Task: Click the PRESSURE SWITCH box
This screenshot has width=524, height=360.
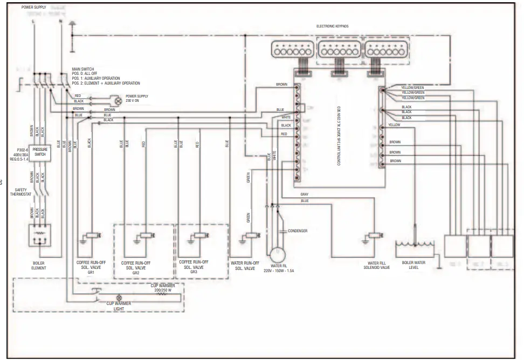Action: coord(40,152)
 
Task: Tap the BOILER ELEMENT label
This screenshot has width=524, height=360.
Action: coord(39,266)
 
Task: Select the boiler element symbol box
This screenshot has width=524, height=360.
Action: coord(39,235)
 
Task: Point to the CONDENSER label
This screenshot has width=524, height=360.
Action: coord(298,231)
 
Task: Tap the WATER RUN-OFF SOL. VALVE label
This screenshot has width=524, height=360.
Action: coord(245,265)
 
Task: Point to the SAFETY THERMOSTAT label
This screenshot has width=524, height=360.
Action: coord(21,191)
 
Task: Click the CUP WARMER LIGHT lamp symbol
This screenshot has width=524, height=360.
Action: coord(120,297)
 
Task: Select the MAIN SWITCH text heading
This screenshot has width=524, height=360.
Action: coord(83,70)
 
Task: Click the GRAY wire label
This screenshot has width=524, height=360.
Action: coord(305,193)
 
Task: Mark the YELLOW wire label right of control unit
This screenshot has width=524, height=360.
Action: coord(394,125)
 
